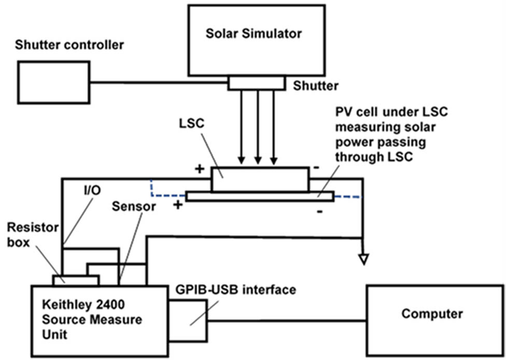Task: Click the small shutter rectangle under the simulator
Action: pos(256,83)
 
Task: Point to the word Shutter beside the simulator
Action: pos(316,85)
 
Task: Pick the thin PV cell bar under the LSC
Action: pos(259,197)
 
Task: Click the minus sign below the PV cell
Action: pos(319,211)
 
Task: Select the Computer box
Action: pos(432,314)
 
